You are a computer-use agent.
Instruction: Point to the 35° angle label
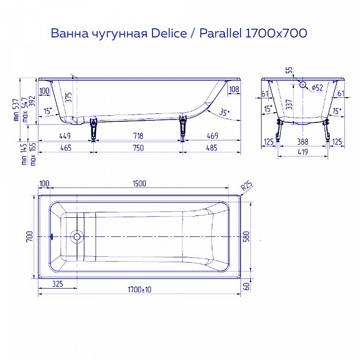coord(224,112)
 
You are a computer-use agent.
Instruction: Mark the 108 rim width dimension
coord(234,91)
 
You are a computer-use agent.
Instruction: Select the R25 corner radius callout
coord(245,187)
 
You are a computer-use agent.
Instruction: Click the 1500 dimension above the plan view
coord(139,184)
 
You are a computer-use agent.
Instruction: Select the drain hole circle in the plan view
coord(76,236)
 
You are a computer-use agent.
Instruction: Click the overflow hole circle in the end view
coord(303,86)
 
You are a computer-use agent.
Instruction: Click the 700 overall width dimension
coord(29,236)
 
